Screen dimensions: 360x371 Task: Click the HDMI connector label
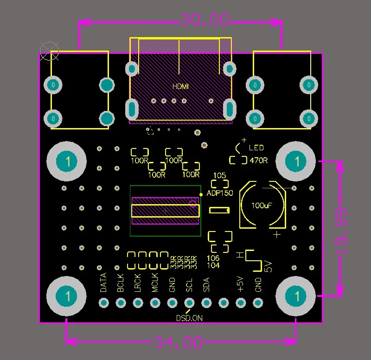click(180, 86)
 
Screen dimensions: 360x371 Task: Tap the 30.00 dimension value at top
click(205, 19)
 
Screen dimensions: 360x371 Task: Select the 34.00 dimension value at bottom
click(179, 343)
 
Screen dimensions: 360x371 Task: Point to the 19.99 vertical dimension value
click(342, 231)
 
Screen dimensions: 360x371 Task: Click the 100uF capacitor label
click(262, 205)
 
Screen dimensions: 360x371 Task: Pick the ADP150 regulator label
click(219, 193)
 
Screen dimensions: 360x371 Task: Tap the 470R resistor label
click(259, 161)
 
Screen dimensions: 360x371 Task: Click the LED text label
click(256, 148)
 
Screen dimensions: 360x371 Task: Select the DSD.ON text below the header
click(189, 318)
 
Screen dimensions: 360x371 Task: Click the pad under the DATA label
click(103, 303)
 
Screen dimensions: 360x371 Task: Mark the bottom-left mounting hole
click(67, 296)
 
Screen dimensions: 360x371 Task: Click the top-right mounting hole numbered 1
click(296, 161)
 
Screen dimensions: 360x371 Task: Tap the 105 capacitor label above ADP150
click(219, 176)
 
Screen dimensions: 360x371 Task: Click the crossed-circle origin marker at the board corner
click(50, 51)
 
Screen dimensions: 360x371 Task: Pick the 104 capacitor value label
click(213, 265)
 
